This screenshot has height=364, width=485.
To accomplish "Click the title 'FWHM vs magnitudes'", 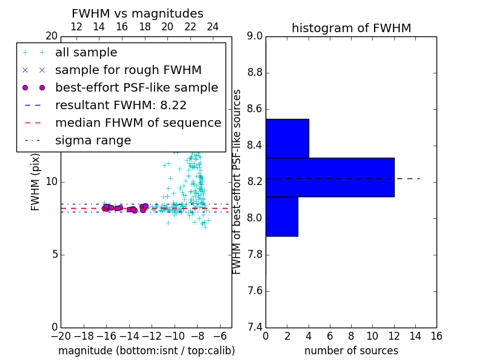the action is coord(138,13).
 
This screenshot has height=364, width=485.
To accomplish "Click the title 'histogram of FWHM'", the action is coord(352,28).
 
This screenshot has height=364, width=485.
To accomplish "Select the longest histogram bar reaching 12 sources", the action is coord(330,177).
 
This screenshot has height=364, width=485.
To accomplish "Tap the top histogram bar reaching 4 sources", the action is coord(287,138).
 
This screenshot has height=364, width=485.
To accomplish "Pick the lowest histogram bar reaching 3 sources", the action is coord(282,217).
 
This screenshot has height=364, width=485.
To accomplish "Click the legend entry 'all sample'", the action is coord(86,53).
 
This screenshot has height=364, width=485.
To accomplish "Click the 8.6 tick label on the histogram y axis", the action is coord(255,109).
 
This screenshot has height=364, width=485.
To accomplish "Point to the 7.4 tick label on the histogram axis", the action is coord(255,328).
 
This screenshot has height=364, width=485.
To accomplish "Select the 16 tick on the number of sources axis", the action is coord(436,336).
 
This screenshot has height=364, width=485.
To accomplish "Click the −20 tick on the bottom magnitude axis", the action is coord(61,336).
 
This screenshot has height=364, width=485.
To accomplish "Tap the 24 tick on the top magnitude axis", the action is coord(213,27).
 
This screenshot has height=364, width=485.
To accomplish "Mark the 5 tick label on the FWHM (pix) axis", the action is coord(55,255).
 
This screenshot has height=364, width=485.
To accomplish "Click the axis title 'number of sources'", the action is coord(352,351).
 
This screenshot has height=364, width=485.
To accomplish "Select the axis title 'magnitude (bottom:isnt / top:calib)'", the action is coord(147,351).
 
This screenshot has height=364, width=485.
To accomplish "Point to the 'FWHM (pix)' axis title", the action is coord(35,182).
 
